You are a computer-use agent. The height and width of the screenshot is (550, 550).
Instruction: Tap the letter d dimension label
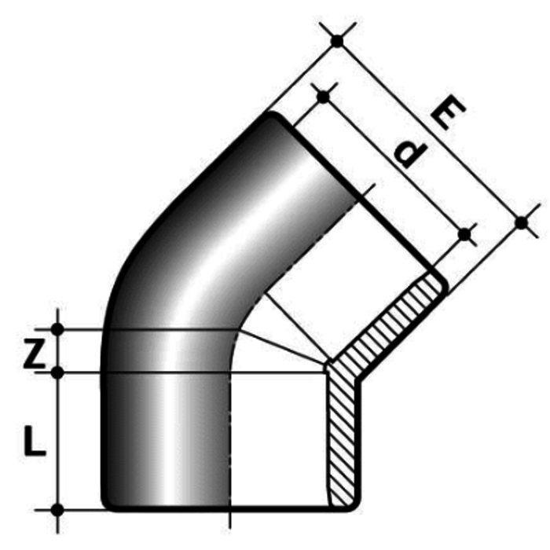(x=409, y=153)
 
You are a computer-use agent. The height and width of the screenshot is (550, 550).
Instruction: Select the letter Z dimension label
(x=32, y=355)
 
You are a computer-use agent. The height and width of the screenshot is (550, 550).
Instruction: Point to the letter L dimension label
(x=33, y=442)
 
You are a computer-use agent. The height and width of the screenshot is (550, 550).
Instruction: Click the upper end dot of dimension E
(x=337, y=40)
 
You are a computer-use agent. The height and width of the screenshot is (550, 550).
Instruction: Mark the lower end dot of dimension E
(x=521, y=223)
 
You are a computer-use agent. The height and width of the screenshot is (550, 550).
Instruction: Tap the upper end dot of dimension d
(x=323, y=97)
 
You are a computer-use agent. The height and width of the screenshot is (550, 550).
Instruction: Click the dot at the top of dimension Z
(x=57, y=328)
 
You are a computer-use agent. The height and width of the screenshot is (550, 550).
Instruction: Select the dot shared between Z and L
(x=57, y=371)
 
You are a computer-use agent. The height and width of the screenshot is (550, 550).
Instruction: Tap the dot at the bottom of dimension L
(x=57, y=509)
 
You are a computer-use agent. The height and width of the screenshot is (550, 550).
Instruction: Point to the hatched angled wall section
(x=393, y=322)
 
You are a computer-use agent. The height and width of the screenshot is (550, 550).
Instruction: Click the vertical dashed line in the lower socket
(x=229, y=440)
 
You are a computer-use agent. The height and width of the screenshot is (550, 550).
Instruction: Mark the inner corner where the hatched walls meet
(x=328, y=363)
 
